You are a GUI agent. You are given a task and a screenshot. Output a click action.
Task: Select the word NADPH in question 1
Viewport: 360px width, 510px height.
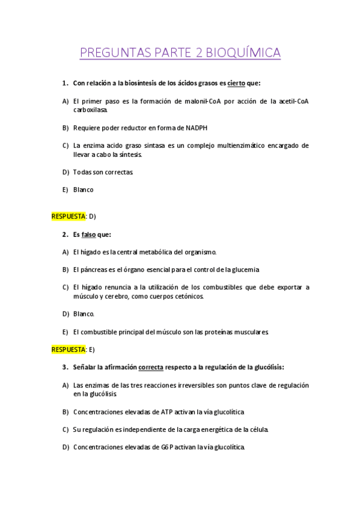click(197, 127)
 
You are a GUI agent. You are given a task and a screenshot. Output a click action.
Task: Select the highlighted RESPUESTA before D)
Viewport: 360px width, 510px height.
click(69, 216)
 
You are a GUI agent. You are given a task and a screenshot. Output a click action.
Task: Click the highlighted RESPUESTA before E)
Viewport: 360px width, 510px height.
click(69, 349)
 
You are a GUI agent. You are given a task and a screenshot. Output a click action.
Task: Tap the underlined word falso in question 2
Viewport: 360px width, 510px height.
click(88, 234)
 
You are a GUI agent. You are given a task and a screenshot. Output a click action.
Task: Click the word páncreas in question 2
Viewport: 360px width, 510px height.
click(93, 269)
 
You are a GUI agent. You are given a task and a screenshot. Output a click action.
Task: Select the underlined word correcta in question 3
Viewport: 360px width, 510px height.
click(151, 367)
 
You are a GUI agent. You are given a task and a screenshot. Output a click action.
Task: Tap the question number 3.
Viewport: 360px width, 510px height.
click(64, 367)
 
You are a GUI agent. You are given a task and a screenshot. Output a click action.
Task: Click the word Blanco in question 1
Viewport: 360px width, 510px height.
click(84, 189)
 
